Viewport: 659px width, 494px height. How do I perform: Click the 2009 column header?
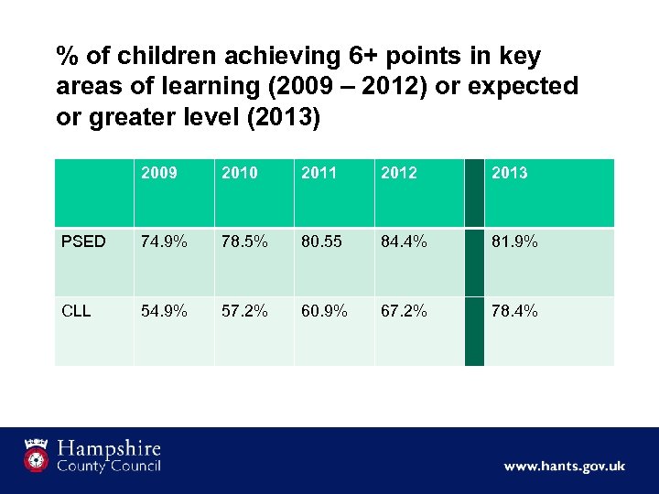pyautogui.click(x=159, y=173)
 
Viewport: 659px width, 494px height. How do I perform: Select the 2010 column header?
pyautogui.click(x=240, y=173)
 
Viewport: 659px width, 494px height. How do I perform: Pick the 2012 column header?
pyautogui.click(x=400, y=173)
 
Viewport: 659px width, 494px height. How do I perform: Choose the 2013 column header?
pyautogui.click(x=510, y=173)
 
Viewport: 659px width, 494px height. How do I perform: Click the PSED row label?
pyautogui.click(x=83, y=242)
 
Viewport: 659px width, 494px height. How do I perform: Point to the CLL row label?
pyautogui.click(x=76, y=311)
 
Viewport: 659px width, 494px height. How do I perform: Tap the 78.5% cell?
pyautogui.click(x=243, y=242)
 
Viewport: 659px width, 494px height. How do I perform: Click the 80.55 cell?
pyautogui.click(x=321, y=242)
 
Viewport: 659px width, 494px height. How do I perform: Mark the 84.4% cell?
pyautogui.click(x=405, y=242)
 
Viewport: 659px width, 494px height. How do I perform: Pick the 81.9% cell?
pyautogui.click(x=514, y=242)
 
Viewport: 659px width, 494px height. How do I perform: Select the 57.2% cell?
pyautogui.click(x=243, y=311)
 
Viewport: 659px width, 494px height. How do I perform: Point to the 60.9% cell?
pyautogui.click(x=324, y=311)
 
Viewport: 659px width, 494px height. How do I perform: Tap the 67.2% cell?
pyautogui.click(x=405, y=311)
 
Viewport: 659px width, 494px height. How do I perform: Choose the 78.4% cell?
pyautogui.click(x=514, y=311)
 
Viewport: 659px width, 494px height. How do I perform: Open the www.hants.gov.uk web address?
pyautogui.click(x=564, y=467)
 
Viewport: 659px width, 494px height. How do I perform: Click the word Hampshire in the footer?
pyautogui.click(x=109, y=448)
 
